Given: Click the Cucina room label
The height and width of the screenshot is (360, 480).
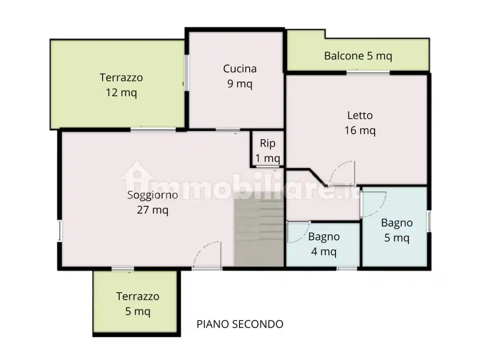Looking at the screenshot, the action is coord(240,76).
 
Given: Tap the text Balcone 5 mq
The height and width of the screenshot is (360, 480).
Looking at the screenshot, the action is coord(358,56).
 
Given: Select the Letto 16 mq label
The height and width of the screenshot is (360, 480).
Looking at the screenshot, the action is coord(360,123).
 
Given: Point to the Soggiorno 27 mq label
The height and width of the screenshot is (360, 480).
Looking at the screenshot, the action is coord(153,202).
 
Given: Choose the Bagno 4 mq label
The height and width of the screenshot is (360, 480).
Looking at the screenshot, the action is coord(324,244).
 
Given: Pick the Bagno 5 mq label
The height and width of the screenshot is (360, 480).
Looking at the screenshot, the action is coord(397,230).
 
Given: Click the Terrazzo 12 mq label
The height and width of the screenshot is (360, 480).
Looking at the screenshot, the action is coord(121,85).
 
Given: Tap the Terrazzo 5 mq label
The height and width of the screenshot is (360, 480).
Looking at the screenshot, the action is coord(137,304).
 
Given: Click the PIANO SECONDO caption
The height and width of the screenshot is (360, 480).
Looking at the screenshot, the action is coord(240,324).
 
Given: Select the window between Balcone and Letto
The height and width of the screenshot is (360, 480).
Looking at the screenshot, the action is coord(368,73).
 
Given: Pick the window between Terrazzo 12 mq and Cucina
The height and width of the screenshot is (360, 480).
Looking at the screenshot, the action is coord(187,73).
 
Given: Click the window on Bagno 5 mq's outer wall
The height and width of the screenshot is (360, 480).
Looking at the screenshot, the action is coord(429,221).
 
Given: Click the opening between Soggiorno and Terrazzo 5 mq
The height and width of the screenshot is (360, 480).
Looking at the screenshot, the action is coord(123,269).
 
